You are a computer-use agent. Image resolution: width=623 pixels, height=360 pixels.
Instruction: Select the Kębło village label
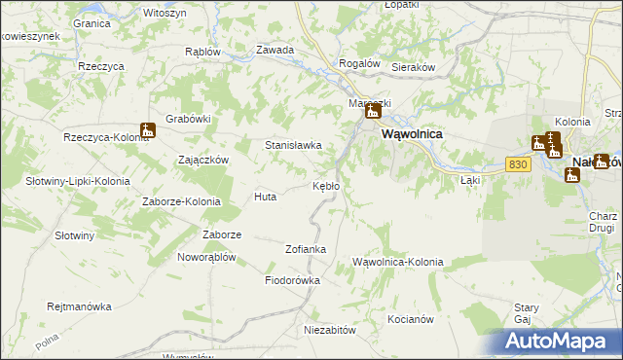tap(325, 186)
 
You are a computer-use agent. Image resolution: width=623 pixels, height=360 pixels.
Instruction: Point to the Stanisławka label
tap(294, 146)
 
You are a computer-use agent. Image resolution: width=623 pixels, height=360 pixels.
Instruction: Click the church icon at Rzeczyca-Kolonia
tap(148, 129)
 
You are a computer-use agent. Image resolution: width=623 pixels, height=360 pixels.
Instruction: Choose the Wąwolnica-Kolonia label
tap(398, 263)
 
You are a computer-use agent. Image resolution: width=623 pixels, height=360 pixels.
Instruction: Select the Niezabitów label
tap(330, 330)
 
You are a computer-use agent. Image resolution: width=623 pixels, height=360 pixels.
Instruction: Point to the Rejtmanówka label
tap(80, 306)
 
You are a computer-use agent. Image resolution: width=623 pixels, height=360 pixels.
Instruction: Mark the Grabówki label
tap(189, 120)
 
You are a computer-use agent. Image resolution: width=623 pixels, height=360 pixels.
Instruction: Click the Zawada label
tap(275, 50)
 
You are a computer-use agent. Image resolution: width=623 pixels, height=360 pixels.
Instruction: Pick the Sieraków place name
tap(412, 67)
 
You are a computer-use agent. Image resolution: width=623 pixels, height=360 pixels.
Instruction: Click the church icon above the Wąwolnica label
tap(372, 112)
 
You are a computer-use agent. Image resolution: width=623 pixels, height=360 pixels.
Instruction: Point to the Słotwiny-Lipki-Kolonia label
tap(77, 181)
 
